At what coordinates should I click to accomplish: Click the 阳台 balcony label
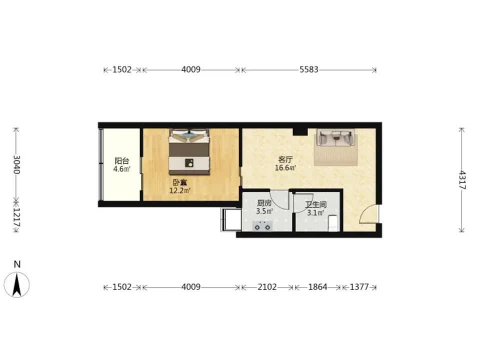[x=122, y=160]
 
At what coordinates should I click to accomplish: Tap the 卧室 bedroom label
[x=180, y=183]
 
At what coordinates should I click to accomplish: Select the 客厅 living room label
[x=285, y=159]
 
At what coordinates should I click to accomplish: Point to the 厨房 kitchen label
[x=264, y=203]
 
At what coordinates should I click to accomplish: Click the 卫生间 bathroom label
[x=315, y=204]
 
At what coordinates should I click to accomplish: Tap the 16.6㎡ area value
[x=285, y=168]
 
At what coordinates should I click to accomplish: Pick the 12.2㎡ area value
[x=180, y=191]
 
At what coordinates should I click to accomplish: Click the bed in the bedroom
[x=189, y=152]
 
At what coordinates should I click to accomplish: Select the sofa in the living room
[x=336, y=137]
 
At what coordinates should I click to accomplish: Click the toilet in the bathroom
[x=333, y=223]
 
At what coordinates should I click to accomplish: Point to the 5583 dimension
[x=309, y=70]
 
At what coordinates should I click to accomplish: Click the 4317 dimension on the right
[x=462, y=180]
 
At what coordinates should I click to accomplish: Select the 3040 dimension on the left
[x=16, y=164]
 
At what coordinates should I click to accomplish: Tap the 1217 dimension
[x=16, y=217]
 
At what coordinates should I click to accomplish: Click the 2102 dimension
[x=267, y=287]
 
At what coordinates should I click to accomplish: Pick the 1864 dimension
[x=317, y=287]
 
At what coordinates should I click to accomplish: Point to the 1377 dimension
[x=359, y=287]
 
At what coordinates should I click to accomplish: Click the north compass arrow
[x=16, y=284]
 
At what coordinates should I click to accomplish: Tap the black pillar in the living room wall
[x=300, y=131]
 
